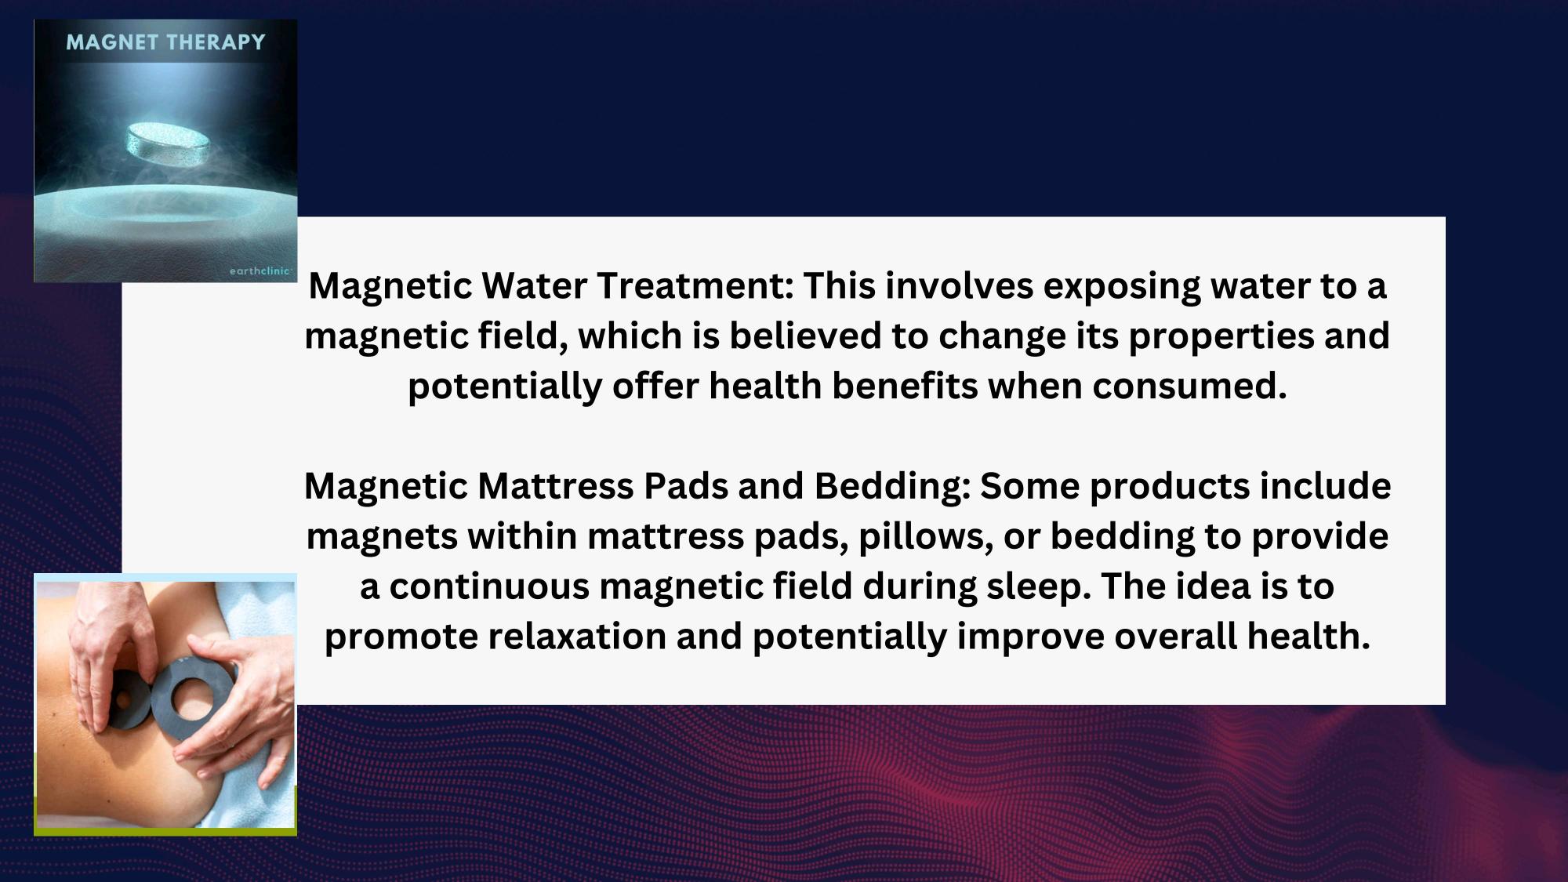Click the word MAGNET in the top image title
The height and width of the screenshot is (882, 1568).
[112, 42]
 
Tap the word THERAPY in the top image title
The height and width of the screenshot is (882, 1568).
[216, 42]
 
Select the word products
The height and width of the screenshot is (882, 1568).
[1170, 487]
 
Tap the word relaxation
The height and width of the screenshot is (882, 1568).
[577, 637]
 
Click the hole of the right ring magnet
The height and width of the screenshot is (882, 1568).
[191, 696]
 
